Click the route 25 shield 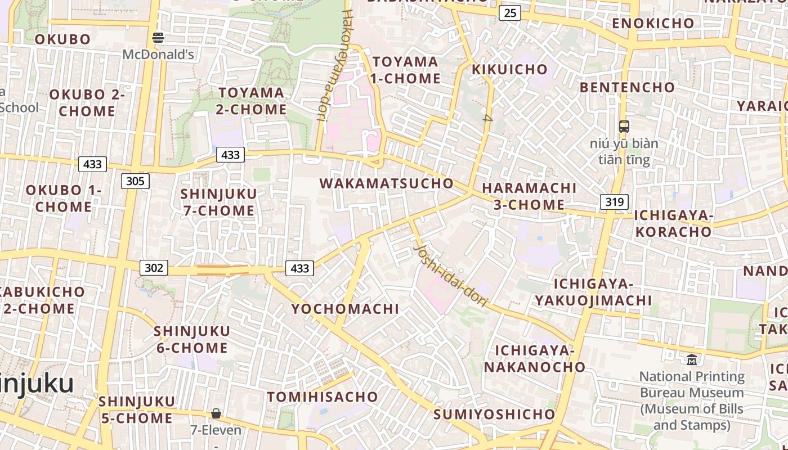pos(509,12)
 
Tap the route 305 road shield pos(135,181)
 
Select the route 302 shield pos(154,268)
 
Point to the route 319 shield pos(614,202)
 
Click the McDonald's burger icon pos(158,38)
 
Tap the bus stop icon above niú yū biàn pos(624,127)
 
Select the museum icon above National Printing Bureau pos(692,359)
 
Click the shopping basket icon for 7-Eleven pos(216,414)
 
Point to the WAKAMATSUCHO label pos(387,183)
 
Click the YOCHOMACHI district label pos(345,309)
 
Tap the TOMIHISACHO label pos(323,397)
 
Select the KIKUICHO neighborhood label pos(509,70)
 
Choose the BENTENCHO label pos(627,87)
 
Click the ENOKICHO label pos(653,23)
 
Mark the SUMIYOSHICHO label pos(494,415)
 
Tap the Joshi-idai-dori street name pos(450,276)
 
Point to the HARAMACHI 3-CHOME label pos(529,196)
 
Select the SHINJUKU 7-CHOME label pos(218,202)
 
